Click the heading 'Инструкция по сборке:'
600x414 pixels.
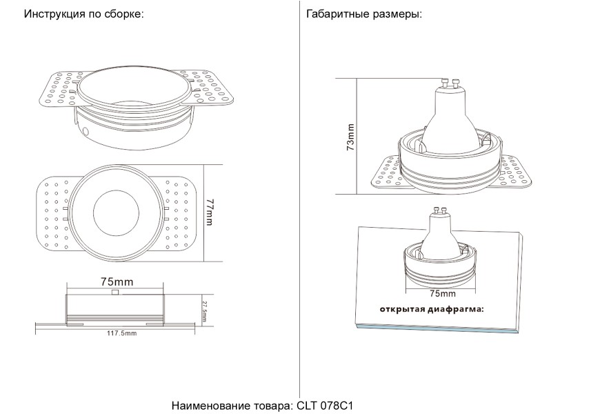point(83,14)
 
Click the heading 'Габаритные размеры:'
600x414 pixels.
point(363,14)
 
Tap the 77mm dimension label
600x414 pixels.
point(210,213)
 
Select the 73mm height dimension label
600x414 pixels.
point(351,137)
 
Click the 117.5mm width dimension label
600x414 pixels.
point(121,333)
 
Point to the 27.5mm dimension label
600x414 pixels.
point(204,308)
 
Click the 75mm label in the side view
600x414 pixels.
point(117,282)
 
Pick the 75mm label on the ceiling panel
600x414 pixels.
point(437,293)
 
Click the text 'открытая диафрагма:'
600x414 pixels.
point(431,308)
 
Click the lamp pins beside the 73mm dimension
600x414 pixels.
point(450,85)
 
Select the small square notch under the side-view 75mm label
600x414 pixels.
point(114,293)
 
